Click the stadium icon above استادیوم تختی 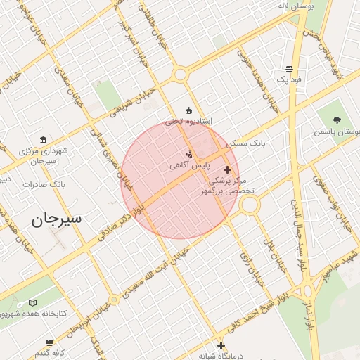click(188, 110)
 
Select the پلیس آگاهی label click(187, 165)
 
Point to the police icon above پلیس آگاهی click(188, 154)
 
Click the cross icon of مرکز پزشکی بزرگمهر click(227, 170)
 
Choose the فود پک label click(288, 79)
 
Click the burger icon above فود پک click(289, 69)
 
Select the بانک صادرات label click(44, 184)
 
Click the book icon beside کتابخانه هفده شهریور click(33, 302)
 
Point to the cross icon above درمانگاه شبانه click(221, 345)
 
